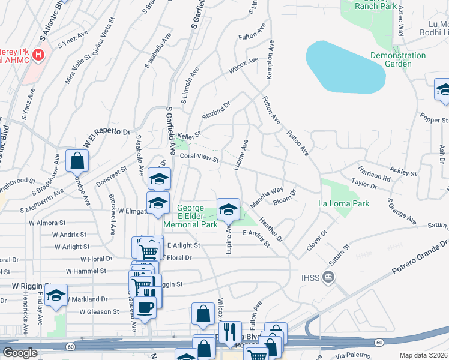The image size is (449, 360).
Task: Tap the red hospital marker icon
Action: click(x=39, y=55)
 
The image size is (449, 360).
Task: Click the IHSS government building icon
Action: click(x=328, y=277)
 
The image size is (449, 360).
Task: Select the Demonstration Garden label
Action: click(x=398, y=59)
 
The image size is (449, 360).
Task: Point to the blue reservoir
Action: click(x=345, y=67)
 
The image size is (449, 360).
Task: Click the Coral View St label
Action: click(x=199, y=159)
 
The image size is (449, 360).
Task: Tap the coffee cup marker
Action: click(x=145, y=307)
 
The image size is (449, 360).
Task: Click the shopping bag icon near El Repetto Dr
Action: click(x=77, y=160)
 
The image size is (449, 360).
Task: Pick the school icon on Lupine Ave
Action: click(x=228, y=209)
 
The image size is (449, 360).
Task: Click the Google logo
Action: click(x=20, y=353)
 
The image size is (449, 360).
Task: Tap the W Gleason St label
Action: click(x=99, y=312)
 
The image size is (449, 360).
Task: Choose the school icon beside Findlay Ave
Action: click(x=56, y=296)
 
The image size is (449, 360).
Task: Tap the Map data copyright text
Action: click(x=424, y=355)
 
